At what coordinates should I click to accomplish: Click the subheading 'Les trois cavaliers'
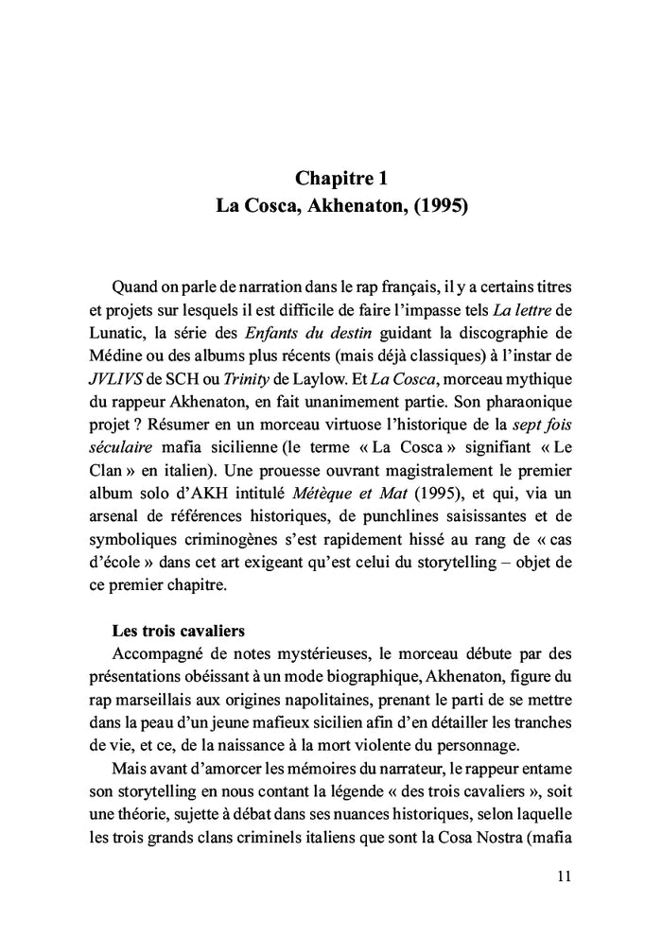pos(177,629)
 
